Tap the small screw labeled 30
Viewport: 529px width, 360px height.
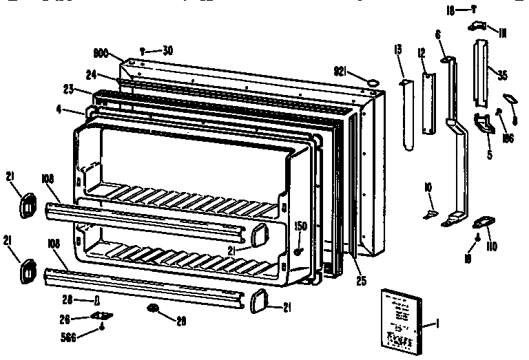[142, 50]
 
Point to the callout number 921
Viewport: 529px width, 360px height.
[342, 70]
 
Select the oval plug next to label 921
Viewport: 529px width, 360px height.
[372, 82]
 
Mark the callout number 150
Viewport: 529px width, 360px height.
[300, 226]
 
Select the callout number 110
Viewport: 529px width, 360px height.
[491, 246]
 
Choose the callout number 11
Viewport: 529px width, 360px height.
[503, 31]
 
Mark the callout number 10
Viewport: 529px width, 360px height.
[428, 187]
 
